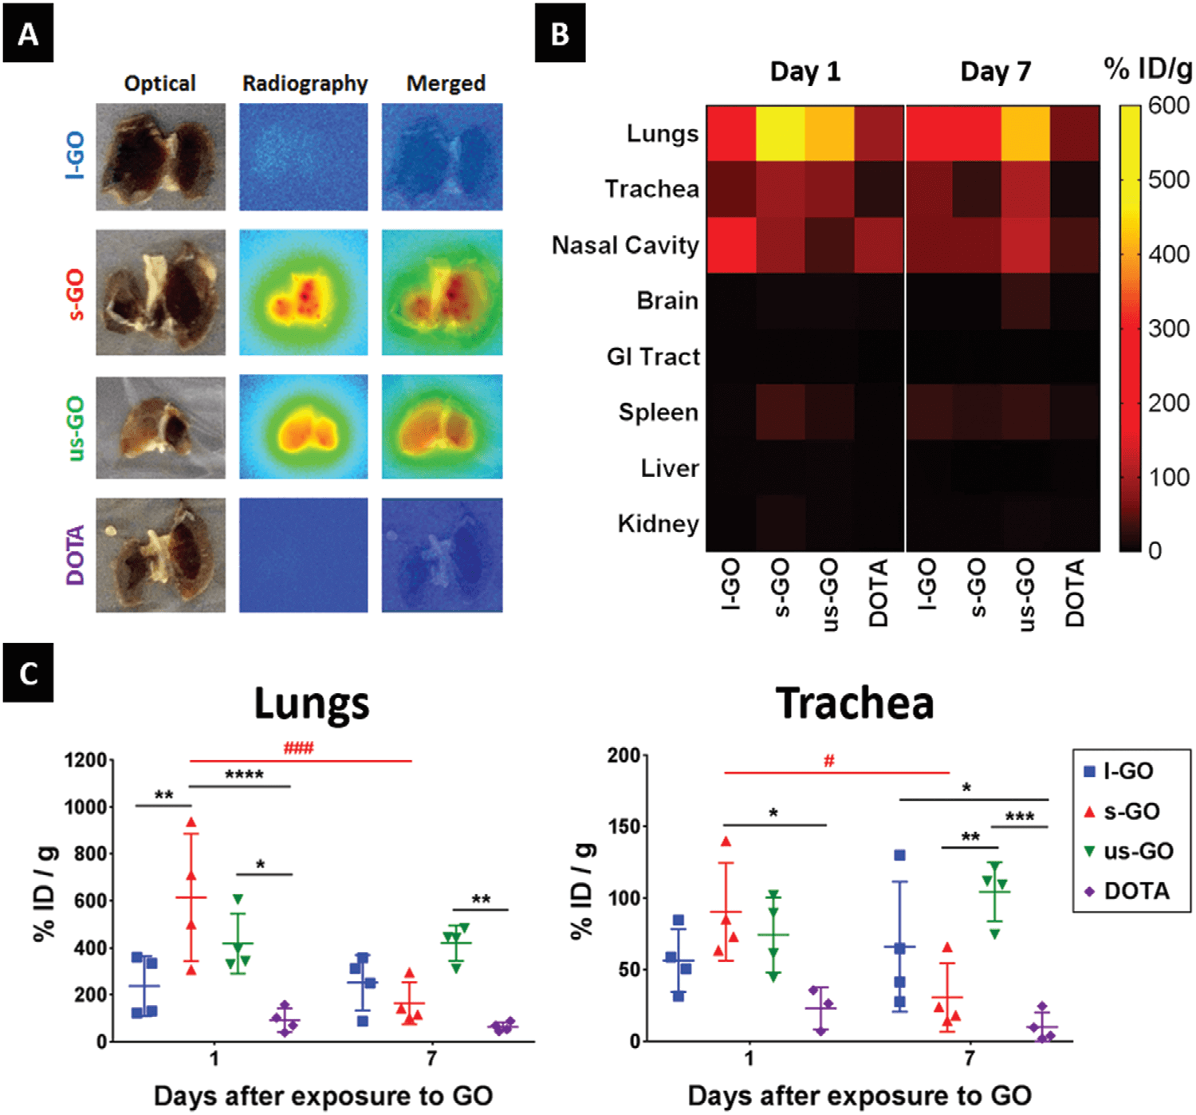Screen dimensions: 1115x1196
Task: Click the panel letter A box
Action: tap(28, 33)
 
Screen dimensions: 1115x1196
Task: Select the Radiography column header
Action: tap(305, 84)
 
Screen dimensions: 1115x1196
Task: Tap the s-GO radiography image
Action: tap(304, 293)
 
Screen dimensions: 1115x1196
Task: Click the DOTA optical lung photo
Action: tap(160, 555)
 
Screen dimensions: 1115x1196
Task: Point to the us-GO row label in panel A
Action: tap(75, 427)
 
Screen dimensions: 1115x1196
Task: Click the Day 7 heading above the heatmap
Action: tap(995, 72)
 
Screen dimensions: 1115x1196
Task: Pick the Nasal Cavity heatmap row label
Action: tap(625, 245)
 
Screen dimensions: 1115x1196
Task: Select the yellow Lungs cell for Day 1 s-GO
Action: tap(780, 133)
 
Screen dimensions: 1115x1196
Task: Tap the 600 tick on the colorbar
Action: tap(1168, 105)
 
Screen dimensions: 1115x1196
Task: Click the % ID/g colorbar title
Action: tap(1147, 69)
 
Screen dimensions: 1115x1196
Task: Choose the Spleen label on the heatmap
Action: tap(658, 412)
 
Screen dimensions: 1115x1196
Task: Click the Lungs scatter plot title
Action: tap(312, 703)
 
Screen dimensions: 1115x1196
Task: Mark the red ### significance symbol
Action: tap(298, 748)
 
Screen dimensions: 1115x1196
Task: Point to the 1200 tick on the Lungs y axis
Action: tap(85, 760)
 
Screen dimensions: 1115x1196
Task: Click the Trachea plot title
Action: tap(854, 703)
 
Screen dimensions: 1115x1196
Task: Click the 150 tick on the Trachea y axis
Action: tap(623, 826)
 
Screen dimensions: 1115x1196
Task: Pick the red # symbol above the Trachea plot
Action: tap(828, 762)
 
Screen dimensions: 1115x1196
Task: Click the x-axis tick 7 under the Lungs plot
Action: tap(431, 1058)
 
